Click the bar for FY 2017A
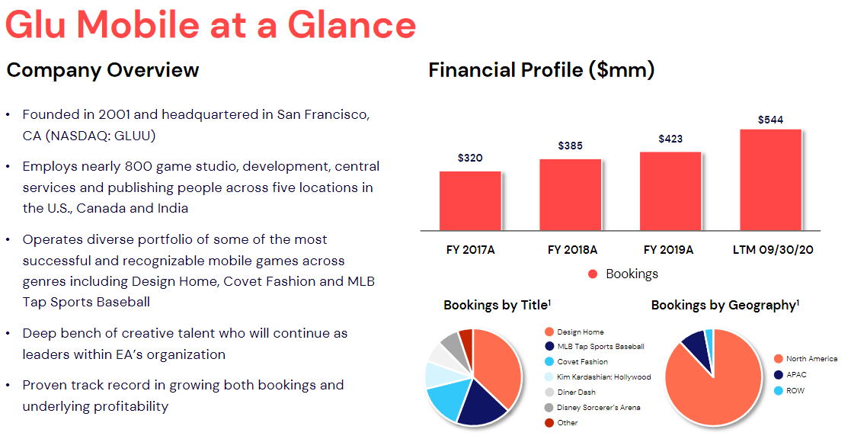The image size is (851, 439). click(x=470, y=200)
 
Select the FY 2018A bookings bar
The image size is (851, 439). click(x=570, y=195)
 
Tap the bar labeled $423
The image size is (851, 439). click(x=670, y=191)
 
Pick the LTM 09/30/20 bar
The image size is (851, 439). click(x=771, y=180)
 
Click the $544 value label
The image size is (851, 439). click(x=771, y=120)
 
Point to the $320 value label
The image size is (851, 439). click(x=470, y=158)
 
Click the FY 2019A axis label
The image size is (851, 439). click(x=669, y=250)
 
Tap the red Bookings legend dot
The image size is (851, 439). click(x=593, y=274)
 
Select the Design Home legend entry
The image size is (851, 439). click(x=574, y=332)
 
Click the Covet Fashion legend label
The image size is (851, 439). click(x=576, y=362)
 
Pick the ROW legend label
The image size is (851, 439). click(x=789, y=391)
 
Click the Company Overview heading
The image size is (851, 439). click(x=103, y=71)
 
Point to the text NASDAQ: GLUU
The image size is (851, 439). click(x=101, y=136)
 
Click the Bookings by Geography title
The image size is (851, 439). click(x=725, y=306)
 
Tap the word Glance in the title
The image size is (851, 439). click(x=351, y=25)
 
